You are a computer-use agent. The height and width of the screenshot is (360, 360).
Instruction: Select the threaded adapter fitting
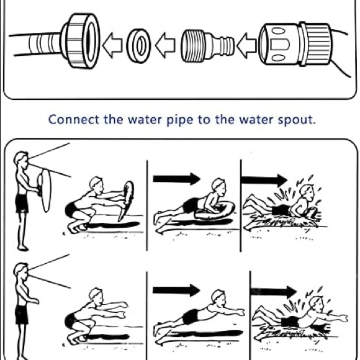208,46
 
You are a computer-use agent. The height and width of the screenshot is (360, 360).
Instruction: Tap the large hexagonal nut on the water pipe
80,41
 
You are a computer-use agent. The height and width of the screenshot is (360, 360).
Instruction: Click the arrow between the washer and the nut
112,45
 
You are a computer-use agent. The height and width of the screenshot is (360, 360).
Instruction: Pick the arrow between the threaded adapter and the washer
165,45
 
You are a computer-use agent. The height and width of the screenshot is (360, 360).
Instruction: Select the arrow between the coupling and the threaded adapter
246,45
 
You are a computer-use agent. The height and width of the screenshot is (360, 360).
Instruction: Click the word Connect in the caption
74,120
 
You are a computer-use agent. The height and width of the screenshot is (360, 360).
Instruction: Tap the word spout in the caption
297,120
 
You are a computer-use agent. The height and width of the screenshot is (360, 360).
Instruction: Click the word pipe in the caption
180,120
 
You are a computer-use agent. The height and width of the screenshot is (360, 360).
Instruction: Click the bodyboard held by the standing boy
46,191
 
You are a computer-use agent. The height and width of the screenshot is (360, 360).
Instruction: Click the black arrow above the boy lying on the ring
176,179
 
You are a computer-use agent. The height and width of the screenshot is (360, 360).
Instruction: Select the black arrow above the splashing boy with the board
264,179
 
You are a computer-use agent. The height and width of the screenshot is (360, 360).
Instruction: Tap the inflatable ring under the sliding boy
215,212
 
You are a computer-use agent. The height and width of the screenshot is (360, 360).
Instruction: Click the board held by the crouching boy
127,200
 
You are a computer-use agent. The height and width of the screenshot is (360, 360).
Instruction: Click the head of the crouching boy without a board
96,296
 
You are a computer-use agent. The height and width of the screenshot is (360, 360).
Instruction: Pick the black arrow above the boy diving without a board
176,290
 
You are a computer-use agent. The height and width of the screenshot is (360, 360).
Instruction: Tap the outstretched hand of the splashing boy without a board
343,318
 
